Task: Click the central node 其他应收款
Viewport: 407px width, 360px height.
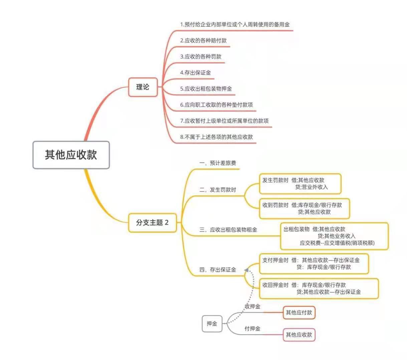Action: click(71, 155)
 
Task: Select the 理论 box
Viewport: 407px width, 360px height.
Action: click(143, 87)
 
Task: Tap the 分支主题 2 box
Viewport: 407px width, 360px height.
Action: click(152, 223)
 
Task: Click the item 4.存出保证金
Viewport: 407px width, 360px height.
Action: click(195, 72)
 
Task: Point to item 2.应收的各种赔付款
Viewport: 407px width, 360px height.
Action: click(203, 40)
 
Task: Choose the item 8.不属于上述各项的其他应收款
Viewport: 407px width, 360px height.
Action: click(216, 137)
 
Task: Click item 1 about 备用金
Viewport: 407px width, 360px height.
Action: click(235, 24)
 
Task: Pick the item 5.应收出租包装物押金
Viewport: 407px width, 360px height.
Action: click(206, 88)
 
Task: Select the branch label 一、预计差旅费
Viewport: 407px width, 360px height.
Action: click(218, 163)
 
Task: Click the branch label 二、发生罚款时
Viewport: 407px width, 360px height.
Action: click(218, 190)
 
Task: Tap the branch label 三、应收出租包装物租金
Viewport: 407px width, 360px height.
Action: click(228, 230)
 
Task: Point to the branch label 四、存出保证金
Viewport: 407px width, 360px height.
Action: click(218, 270)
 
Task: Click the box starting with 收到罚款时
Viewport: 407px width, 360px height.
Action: click(304, 209)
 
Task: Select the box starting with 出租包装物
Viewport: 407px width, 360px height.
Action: click(334, 236)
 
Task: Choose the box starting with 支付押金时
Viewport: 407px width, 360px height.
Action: click(314, 264)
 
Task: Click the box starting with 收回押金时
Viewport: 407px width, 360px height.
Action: click(319, 289)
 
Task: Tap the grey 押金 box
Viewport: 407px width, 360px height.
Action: click(212, 323)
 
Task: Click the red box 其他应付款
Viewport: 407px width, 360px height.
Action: click(299, 313)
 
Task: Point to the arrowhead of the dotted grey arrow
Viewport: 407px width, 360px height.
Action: click(246, 270)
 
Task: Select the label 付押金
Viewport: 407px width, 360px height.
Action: click(252, 329)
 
